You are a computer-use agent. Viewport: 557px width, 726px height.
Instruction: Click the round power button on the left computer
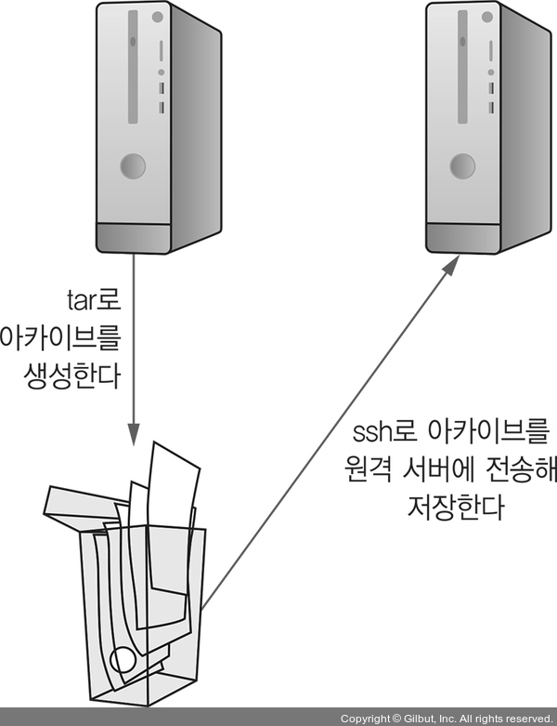(133, 167)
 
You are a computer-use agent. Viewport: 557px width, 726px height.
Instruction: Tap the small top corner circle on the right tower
(485, 17)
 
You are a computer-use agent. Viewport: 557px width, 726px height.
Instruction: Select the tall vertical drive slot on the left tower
(134, 65)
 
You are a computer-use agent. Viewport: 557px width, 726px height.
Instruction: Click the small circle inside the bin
(123, 661)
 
